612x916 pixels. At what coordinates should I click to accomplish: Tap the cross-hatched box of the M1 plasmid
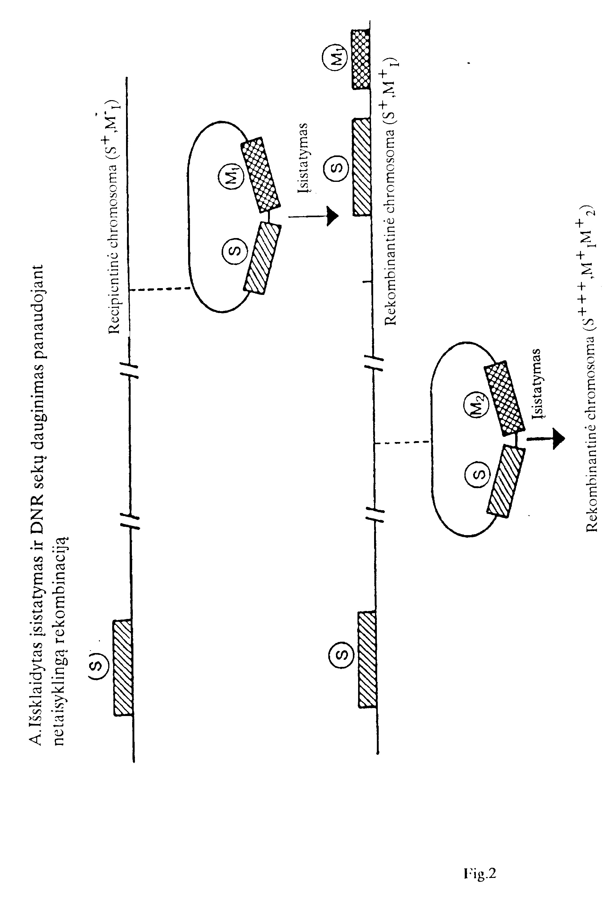click(x=261, y=175)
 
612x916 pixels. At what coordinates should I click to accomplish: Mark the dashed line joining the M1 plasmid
click(x=159, y=289)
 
